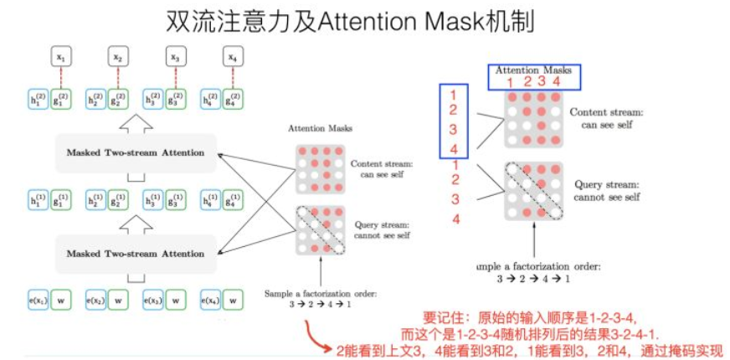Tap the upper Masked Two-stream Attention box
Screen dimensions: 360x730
point(136,152)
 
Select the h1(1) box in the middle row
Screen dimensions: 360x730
point(37,202)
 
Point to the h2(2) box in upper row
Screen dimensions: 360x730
point(95,102)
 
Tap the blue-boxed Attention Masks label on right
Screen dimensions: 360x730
point(533,70)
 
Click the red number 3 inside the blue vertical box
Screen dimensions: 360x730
point(453,129)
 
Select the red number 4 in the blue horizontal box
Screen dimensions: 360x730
point(556,81)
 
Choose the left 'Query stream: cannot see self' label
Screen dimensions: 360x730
point(381,229)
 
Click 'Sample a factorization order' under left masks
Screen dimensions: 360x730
point(320,293)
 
